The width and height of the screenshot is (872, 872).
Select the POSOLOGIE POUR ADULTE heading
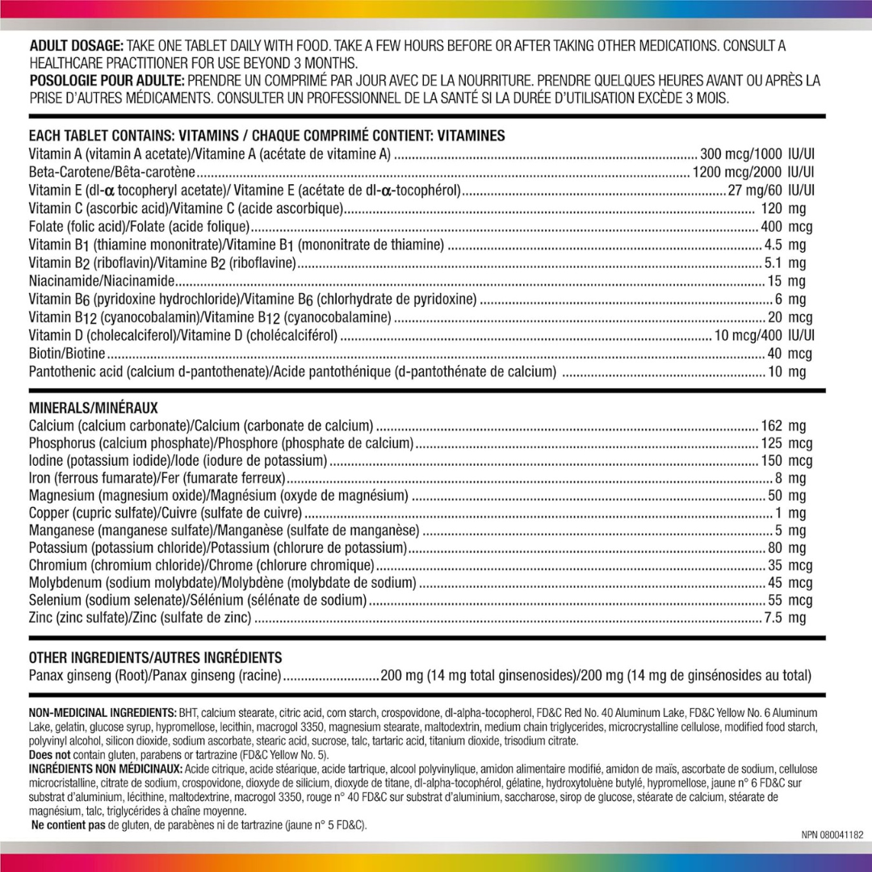107,81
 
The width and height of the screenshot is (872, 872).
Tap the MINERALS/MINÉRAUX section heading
93,408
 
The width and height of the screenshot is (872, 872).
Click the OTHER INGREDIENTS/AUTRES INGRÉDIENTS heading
155,658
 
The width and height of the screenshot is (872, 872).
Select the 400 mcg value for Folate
786,227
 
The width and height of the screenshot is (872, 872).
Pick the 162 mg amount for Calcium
783,426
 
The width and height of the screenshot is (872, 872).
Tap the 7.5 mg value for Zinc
785,618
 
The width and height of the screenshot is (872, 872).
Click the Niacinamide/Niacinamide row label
102,281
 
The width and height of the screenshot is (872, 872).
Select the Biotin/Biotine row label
67,354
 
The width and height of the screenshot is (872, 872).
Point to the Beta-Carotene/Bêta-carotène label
112,172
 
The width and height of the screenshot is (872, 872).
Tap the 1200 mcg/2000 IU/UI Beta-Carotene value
753,172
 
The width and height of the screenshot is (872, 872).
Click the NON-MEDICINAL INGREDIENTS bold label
103,713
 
